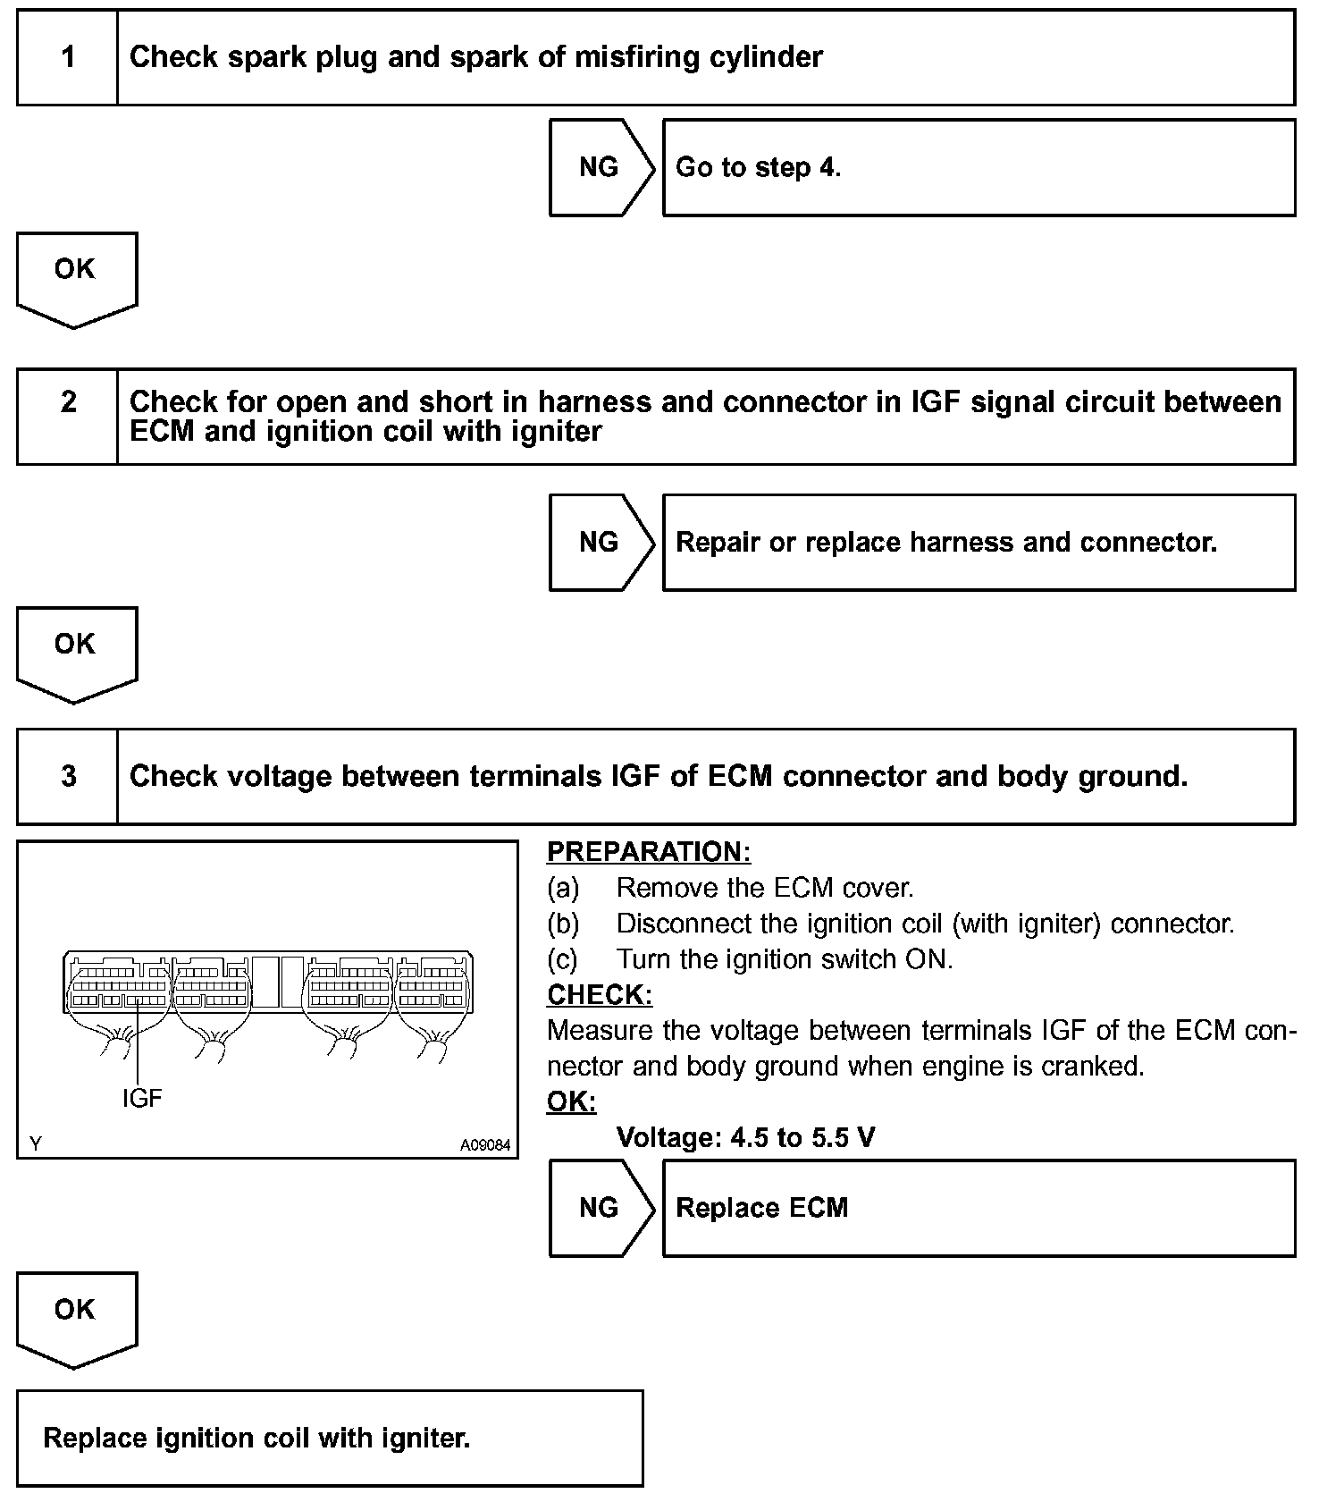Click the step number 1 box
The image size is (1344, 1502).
pyautogui.click(x=68, y=58)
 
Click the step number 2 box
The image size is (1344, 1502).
pyautogui.click(x=68, y=417)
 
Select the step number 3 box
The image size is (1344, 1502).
pyautogui.click(x=68, y=776)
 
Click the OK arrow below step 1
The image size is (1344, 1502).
pyautogui.click(x=76, y=275)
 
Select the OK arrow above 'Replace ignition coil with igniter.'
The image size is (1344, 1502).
pyautogui.click(x=76, y=1316)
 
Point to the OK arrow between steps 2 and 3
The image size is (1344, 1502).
pyautogui.click(x=76, y=650)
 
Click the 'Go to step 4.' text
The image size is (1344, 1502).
pyautogui.click(x=758, y=168)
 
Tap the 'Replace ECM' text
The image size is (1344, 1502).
pyautogui.click(x=761, y=1209)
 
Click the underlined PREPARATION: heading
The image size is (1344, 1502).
pyautogui.click(x=649, y=852)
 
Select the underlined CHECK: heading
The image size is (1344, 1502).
pyautogui.click(x=600, y=995)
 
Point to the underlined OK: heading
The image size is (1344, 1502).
pyautogui.click(x=571, y=1102)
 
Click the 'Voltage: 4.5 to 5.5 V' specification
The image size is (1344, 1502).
pyautogui.click(x=745, y=1138)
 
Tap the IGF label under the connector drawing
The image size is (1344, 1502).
pyautogui.click(x=142, y=1098)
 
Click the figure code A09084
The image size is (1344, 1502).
pyautogui.click(x=485, y=1144)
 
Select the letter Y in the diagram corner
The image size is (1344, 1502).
pyautogui.click(x=35, y=1144)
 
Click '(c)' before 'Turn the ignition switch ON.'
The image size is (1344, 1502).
pyautogui.click(x=563, y=959)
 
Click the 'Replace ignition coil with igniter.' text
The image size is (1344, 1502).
pyautogui.click(x=256, y=1439)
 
